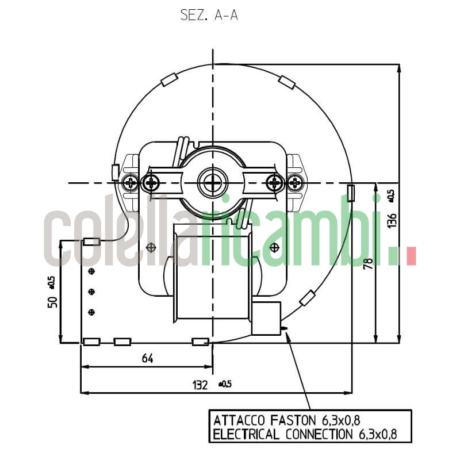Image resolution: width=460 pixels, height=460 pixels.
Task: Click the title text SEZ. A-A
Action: click(209, 16)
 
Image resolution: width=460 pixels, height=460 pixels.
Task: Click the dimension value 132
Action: click(200, 385)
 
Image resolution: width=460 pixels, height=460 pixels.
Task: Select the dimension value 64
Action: click(147, 359)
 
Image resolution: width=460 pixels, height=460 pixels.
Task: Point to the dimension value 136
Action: click(392, 219)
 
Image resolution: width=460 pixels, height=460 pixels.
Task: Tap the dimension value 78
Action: click(369, 263)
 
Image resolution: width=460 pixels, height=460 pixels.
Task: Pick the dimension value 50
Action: click(52, 301)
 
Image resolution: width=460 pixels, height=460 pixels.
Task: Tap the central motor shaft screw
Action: click(213, 183)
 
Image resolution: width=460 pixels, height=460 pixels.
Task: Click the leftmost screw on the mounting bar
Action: click(131, 183)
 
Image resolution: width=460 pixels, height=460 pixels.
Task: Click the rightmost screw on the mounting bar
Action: click(295, 183)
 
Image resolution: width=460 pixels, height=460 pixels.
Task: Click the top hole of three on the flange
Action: click(91, 271)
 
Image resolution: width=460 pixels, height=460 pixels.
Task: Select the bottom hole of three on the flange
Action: click(91, 312)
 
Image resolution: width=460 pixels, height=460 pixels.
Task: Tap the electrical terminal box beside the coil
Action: click(266, 318)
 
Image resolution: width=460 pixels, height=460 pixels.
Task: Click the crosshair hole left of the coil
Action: click(151, 247)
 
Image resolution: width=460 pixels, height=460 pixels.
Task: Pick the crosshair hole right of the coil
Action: click(274, 247)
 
